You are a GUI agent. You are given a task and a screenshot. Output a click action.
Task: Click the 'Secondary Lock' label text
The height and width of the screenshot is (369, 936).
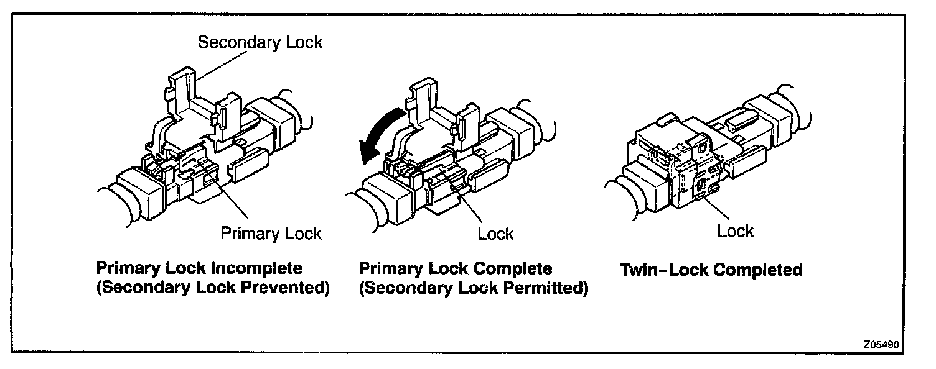pos(260,43)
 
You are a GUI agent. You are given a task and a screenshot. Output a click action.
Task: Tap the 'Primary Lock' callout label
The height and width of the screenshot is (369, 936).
pos(271,234)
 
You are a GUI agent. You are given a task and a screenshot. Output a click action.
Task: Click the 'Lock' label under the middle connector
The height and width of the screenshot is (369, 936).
pos(495,234)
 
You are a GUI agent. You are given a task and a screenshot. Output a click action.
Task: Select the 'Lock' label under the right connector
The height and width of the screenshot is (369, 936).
pos(735,231)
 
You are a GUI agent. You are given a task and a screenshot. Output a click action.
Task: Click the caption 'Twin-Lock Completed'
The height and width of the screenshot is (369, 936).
pos(711,270)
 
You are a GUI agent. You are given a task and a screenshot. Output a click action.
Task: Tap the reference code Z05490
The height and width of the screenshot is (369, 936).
pos(882,344)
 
